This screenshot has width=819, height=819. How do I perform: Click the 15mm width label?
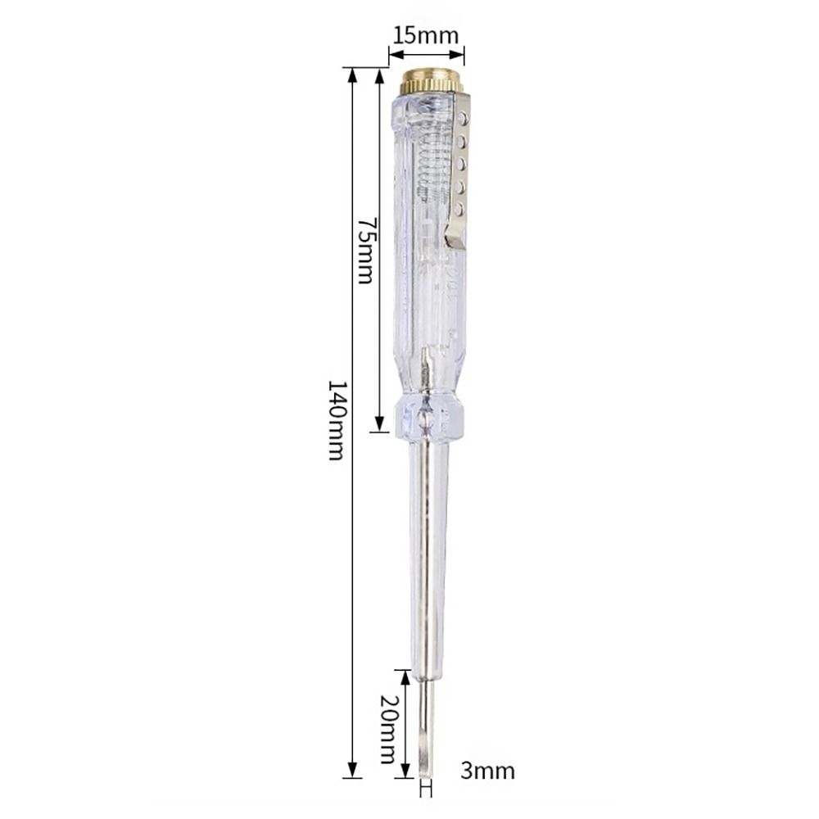426,35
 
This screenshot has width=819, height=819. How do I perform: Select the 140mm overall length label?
337,419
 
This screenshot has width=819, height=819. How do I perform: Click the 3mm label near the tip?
489,771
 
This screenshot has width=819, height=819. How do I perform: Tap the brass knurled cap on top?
432,82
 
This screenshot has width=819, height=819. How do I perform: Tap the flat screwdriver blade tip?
424,762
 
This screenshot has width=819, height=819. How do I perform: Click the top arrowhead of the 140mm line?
353,74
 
